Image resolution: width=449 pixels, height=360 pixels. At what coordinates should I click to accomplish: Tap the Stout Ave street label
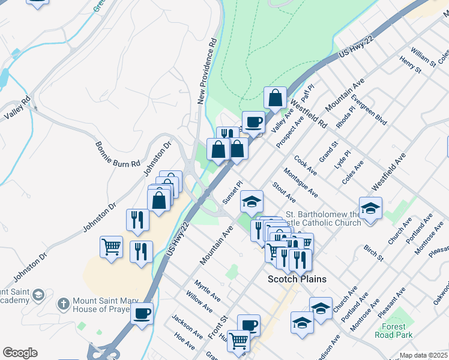click(x=283, y=192)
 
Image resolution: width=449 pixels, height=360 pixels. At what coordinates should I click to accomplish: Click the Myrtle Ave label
click(x=207, y=290)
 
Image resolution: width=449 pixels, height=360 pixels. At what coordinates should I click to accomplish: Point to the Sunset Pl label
click(x=231, y=192)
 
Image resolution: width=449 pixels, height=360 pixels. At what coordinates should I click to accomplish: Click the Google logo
click(x=20, y=353)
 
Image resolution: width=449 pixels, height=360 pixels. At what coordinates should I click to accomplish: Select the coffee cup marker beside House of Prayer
click(x=142, y=313)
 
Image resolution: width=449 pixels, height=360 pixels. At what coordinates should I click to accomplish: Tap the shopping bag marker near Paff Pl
click(x=275, y=97)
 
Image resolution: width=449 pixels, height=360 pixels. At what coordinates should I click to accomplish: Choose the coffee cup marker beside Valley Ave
click(x=253, y=122)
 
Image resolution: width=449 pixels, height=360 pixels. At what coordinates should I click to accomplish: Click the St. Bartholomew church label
click(x=323, y=218)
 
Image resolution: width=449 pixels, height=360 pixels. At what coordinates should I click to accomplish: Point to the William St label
click(x=424, y=58)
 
